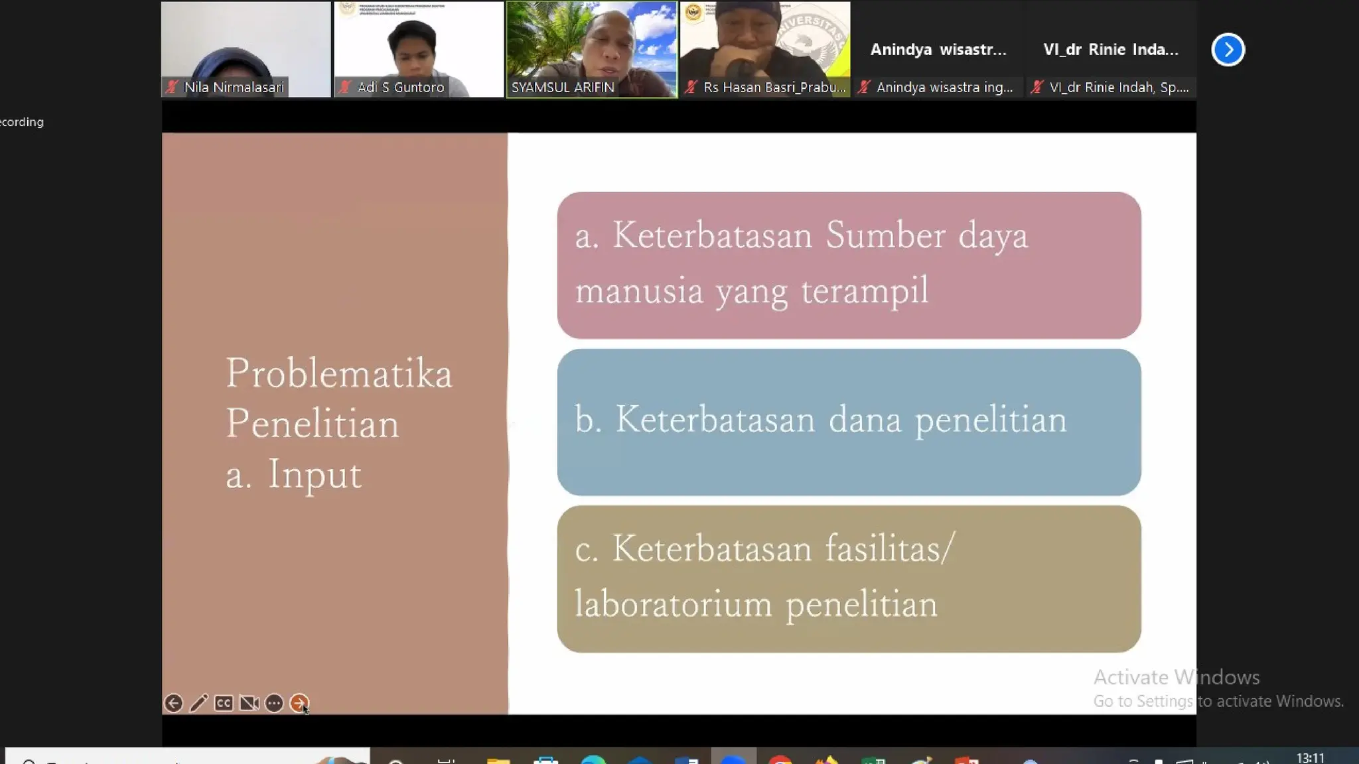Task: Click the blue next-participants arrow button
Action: (1228, 50)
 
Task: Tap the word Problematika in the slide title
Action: (339, 374)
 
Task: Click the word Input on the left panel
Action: (315, 475)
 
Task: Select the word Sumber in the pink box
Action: (885, 235)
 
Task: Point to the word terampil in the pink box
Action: (865, 291)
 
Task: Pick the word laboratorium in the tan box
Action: (674, 604)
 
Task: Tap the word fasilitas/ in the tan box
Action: (889, 549)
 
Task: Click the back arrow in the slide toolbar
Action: (173, 703)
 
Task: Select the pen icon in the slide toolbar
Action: (198, 703)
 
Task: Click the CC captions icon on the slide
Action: (224, 703)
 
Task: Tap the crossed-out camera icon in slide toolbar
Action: (249, 703)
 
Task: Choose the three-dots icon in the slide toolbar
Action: (274, 703)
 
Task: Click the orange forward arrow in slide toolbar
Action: (299, 703)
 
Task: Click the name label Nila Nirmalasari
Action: (234, 88)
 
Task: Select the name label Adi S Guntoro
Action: (400, 88)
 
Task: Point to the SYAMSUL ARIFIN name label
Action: (563, 88)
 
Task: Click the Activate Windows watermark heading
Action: (1176, 677)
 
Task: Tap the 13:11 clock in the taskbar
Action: (1310, 757)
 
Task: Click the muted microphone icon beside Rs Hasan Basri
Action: (691, 87)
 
